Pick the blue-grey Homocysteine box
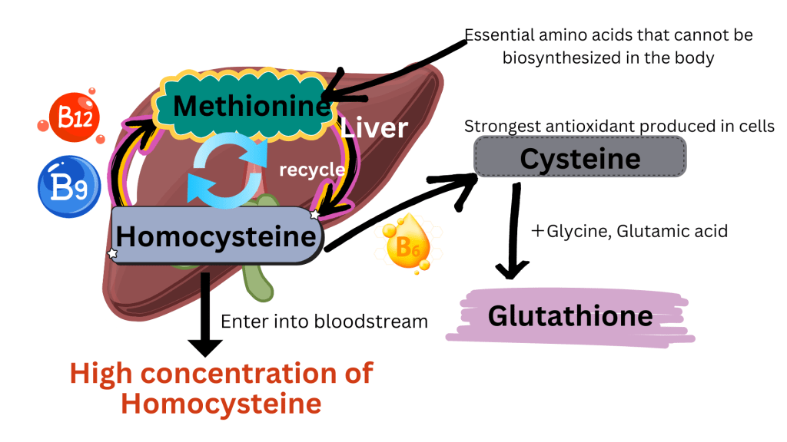point(216,236)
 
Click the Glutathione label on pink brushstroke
point(570,315)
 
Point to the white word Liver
point(374,127)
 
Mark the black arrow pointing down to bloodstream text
point(204,315)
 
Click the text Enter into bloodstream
point(324,321)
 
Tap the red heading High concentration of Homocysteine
point(221,388)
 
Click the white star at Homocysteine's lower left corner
point(113,252)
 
